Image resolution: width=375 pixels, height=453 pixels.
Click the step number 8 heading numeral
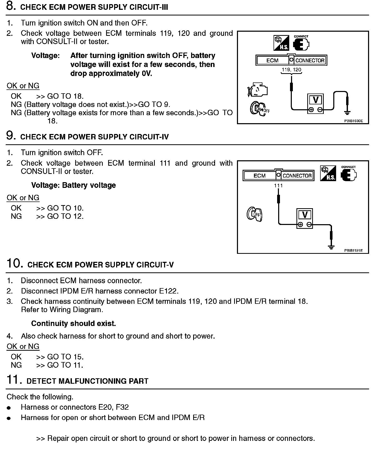click(x=10, y=6)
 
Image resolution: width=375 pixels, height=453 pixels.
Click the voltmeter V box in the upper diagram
click(x=316, y=100)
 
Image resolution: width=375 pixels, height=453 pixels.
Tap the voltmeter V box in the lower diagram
click(x=305, y=215)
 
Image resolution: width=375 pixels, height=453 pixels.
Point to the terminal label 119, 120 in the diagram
click(x=291, y=70)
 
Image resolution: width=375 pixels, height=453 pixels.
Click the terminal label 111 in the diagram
click(x=278, y=186)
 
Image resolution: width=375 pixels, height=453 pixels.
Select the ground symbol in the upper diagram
click(x=347, y=113)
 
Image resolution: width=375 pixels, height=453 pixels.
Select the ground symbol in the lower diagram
click(x=331, y=247)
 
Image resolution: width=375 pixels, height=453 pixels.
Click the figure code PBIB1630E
click(x=353, y=121)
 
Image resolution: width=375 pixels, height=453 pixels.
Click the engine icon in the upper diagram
click(x=258, y=90)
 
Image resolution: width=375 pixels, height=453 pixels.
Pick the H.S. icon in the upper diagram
click(x=281, y=43)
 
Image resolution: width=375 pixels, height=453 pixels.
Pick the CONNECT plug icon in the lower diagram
click(x=349, y=174)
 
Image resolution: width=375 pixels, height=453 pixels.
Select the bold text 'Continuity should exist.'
click(x=73, y=323)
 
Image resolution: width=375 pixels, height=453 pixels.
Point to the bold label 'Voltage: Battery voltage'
click(x=73, y=185)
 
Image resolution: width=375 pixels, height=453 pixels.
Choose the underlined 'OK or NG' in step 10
click(x=23, y=346)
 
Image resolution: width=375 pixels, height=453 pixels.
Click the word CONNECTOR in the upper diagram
click(x=310, y=61)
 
